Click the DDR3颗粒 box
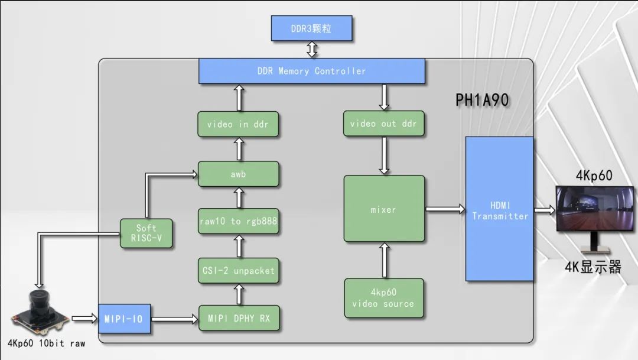click(x=312, y=28)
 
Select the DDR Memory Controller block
click(x=312, y=71)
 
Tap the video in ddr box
click(x=238, y=125)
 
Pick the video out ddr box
click(x=383, y=124)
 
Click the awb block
click(x=238, y=174)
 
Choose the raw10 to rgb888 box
click(x=238, y=222)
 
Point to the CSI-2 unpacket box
click(x=238, y=270)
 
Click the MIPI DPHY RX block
click(x=238, y=319)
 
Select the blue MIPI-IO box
click(x=123, y=319)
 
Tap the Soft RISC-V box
click(x=146, y=233)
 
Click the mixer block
click(x=384, y=209)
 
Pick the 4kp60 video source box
click(x=384, y=299)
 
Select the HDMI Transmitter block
click(x=500, y=209)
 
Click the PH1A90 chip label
click(x=482, y=100)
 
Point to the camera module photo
click(x=39, y=313)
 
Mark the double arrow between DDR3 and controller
click(x=312, y=50)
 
